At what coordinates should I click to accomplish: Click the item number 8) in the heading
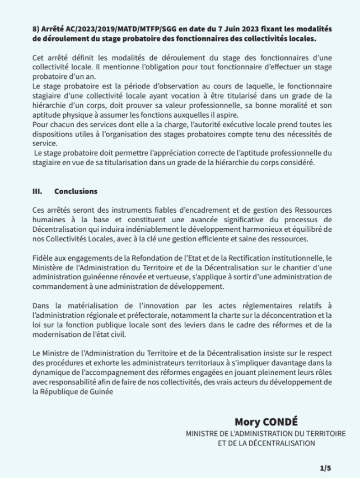(x=36, y=29)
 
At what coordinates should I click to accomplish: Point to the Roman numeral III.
(x=37, y=191)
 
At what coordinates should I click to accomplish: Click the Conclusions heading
(x=76, y=191)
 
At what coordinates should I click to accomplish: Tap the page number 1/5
(x=325, y=467)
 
